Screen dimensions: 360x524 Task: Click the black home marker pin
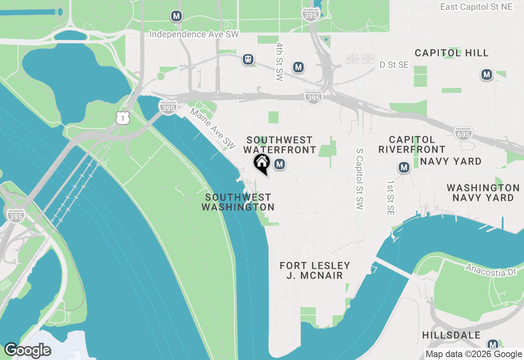pyautogui.click(x=262, y=163)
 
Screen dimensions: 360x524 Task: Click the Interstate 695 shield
pyautogui.click(x=463, y=133)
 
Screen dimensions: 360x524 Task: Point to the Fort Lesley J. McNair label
pyautogui.click(x=315, y=270)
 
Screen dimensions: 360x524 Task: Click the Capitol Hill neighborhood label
pyautogui.click(x=452, y=53)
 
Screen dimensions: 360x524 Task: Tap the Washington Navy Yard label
pyautogui.click(x=483, y=193)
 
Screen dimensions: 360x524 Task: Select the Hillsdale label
pyautogui.click(x=452, y=335)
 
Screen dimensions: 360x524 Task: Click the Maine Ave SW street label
pyautogui.click(x=213, y=128)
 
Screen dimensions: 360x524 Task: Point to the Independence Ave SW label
pyautogui.click(x=194, y=34)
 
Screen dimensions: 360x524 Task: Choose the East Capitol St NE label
pyautogui.click(x=476, y=7)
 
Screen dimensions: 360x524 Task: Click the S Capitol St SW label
pyautogui.click(x=359, y=179)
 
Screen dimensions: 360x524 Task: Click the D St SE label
pyautogui.click(x=394, y=65)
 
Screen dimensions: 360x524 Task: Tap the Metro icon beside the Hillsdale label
pyautogui.click(x=493, y=344)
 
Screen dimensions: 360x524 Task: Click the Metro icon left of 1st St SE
pyautogui.click(x=404, y=167)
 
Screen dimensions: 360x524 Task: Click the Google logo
pyautogui.click(x=27, y=350)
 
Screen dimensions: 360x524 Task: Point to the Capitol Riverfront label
pyautogui.click(x=412, y=144)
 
